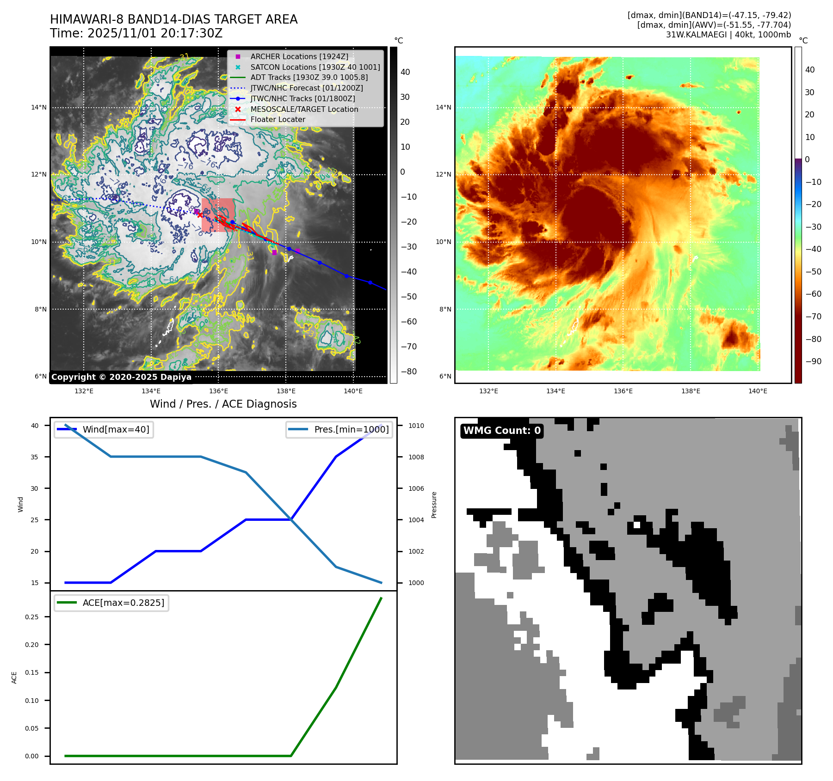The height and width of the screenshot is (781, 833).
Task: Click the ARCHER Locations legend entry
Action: [x=299, y=56]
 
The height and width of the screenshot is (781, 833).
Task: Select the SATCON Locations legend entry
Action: [x=315, y=67]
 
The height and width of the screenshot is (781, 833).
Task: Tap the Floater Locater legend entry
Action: [x=278, y=119]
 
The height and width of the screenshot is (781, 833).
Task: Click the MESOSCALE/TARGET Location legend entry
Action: [x=304, y=109]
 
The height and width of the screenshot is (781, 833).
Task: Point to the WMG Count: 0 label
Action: [x=502, y=431]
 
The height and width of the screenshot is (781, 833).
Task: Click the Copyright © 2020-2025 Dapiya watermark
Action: [x=121, y=377]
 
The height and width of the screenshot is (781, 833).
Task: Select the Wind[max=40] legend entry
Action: [x=116, y=429]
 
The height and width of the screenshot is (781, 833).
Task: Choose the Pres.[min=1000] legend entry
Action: [x=351, y=429]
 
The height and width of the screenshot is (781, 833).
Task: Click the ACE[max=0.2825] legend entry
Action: [x=123, y=603]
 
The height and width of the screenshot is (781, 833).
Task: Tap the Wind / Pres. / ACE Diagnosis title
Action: [x=223, y=404]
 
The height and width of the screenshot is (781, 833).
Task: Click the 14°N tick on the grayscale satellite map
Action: [x=39, y=108]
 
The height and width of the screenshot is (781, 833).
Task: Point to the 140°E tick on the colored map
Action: [x=758, y=391]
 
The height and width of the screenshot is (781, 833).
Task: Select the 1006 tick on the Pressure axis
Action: [x=416, y=488]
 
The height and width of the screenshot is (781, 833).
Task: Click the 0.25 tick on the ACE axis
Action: [x=32, y=617]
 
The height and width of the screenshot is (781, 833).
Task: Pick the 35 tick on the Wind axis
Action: [x=35, y=457]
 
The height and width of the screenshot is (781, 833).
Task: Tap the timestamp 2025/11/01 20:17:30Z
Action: [x=155, y=33]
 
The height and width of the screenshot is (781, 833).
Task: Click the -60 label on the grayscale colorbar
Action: [x=408, y=322]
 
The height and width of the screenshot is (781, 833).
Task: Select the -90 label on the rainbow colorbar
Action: [x=814, y=361]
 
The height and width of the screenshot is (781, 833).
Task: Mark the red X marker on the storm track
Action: [x=200, y=214]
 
